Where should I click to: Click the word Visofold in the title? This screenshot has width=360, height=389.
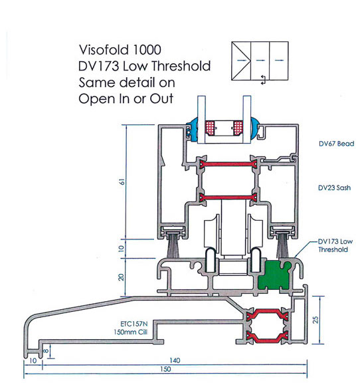point(104,50)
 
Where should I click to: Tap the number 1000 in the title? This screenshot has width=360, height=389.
point(147,50)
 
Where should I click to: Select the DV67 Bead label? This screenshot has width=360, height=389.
point(336,144)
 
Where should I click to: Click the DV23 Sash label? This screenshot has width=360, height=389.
point(334,188)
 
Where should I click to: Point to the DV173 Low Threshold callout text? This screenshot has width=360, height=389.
point(335,245)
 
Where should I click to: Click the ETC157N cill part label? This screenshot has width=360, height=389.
point(134,324)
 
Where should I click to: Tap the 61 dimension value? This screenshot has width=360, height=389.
point(122,182)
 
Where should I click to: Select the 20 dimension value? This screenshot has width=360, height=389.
point(121,277)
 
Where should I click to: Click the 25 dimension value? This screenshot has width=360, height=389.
point(315,320)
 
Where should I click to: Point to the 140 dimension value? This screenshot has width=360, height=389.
point(175,360)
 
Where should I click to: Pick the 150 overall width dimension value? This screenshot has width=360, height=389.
point(165,369)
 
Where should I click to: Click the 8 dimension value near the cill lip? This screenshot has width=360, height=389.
point(46,351)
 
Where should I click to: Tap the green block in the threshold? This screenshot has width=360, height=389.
point(274,275)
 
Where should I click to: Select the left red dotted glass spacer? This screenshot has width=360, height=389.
point(210,128)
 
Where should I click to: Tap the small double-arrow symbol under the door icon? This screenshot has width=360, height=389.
point(264,80)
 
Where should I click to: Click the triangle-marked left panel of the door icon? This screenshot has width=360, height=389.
point(241,61)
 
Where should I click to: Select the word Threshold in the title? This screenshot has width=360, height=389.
point(181,66)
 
